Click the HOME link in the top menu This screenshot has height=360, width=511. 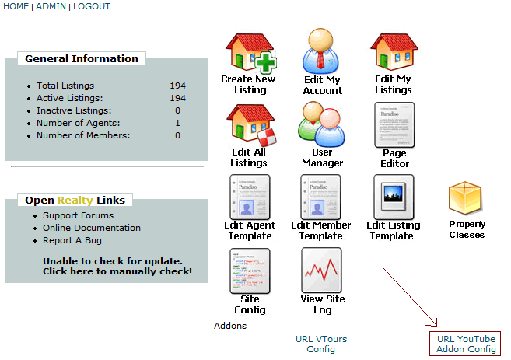(16, 6)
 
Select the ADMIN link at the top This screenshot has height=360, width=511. (51, 6)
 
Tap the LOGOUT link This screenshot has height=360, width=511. (92, 6)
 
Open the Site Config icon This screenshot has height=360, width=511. (250, 271)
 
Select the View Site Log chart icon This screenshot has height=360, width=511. (322, 271)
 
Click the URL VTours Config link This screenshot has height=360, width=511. (321, 344)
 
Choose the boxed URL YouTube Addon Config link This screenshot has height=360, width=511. (466, 344)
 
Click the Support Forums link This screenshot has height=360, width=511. (78, 215)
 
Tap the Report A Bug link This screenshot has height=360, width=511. (71, 240)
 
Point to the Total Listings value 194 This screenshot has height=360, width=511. (177, 86)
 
